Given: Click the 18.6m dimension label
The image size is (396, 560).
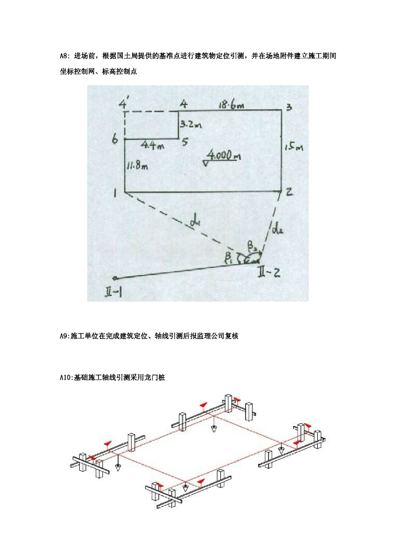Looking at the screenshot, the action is (x=230, y=104).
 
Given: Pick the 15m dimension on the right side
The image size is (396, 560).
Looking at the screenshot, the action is (x=294, y=147).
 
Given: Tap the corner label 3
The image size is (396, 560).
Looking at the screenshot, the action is (x=288, y=107).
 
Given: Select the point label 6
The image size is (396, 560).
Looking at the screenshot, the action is (x=115, y=140).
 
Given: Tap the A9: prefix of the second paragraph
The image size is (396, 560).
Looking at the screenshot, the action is (x=65, y=336).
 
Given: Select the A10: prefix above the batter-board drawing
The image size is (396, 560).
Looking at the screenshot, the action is (x=67, y=378).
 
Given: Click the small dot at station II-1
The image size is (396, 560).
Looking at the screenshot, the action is (x=114, y=278).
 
